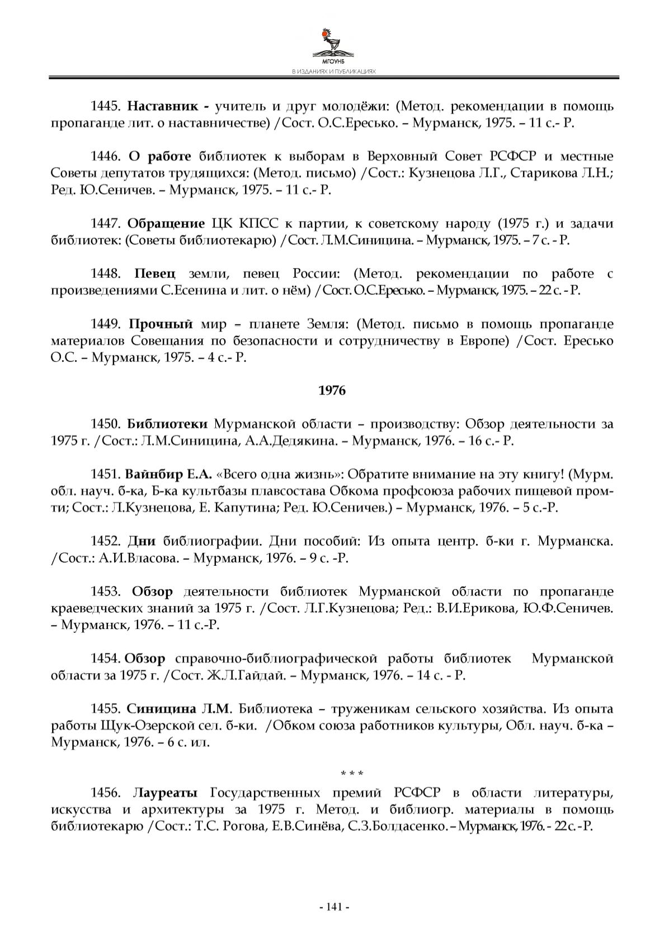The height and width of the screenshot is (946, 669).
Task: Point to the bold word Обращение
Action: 166,224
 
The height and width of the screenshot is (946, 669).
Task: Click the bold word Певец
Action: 155,274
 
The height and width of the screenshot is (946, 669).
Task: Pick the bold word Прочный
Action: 161,324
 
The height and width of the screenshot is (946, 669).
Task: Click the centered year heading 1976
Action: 332,391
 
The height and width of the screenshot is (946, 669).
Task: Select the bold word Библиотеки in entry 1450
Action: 167,424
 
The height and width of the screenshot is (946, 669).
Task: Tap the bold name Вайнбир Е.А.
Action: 169,475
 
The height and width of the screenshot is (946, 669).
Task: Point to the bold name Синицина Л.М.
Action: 179,709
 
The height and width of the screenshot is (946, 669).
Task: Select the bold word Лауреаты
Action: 166,793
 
